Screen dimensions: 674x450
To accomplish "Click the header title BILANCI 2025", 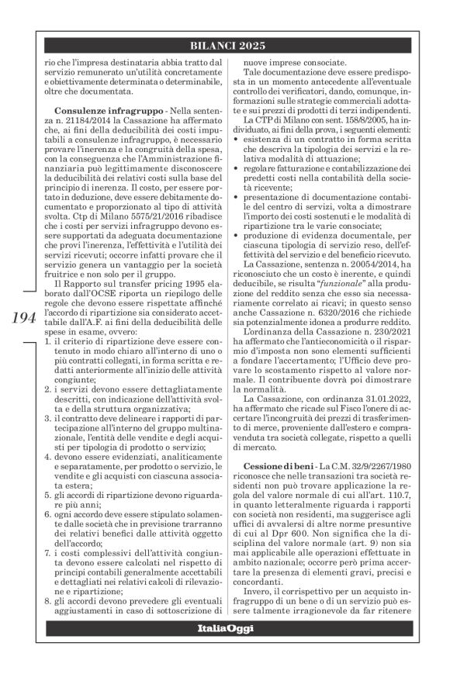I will (x=225, y=44).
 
